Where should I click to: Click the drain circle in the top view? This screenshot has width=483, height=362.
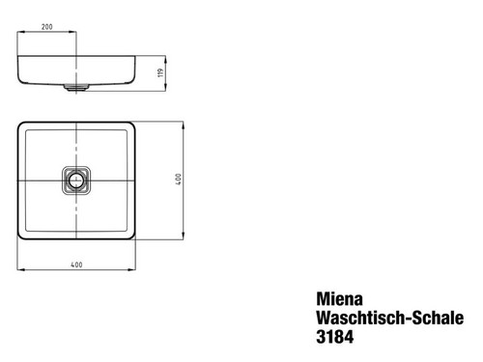pos(76,181)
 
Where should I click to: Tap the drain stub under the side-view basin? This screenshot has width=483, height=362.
pos(76,86)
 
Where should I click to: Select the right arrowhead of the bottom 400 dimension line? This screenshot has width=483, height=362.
pos(133,268)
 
